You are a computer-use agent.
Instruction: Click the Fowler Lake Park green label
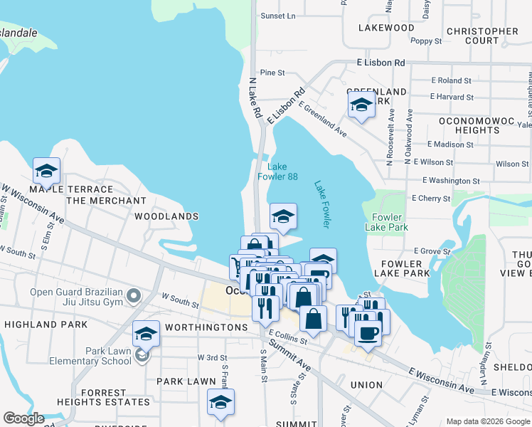pyautogui.click(x=386, y=222)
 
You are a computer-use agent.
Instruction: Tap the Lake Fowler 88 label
pyautogui.click(x=282, y=172)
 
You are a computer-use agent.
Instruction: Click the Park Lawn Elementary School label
pyautogui.click(x=90, y=356)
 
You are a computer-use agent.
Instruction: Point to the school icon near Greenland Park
pyautogui.click(x=361, y=106)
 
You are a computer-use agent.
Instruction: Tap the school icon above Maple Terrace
pyautogui.click(x=46, y=170)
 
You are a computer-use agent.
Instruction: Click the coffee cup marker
pyautogui.click(x=368, y=332)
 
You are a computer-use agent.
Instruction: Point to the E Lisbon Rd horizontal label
pyautogui.click(x=381, y=63)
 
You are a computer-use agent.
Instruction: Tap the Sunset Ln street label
pyautogui.click(x=277, y=16)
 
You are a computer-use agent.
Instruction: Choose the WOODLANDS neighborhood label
pyautogui.click(x=166, y=216)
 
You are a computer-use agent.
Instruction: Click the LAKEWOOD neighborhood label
pyautogui.click(x=386, y=28)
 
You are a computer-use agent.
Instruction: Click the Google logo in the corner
pyautogui.click(x=23, y=418)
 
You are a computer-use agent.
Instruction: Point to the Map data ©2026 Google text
pyautogui.click(x=487, y=421)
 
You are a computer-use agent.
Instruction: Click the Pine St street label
pyautogui.click(x=272, y=73)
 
